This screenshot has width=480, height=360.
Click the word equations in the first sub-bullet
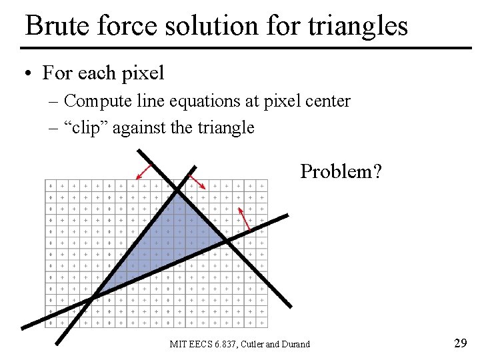(198, 101)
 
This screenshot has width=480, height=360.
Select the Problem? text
(341, 171)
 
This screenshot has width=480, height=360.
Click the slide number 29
(460, 343)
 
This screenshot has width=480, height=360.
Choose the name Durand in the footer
(296, 344)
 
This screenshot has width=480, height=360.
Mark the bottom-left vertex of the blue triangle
(93, 297)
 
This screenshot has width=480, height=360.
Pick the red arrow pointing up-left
(244, 219)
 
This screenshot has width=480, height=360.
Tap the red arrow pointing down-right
(197, 182)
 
